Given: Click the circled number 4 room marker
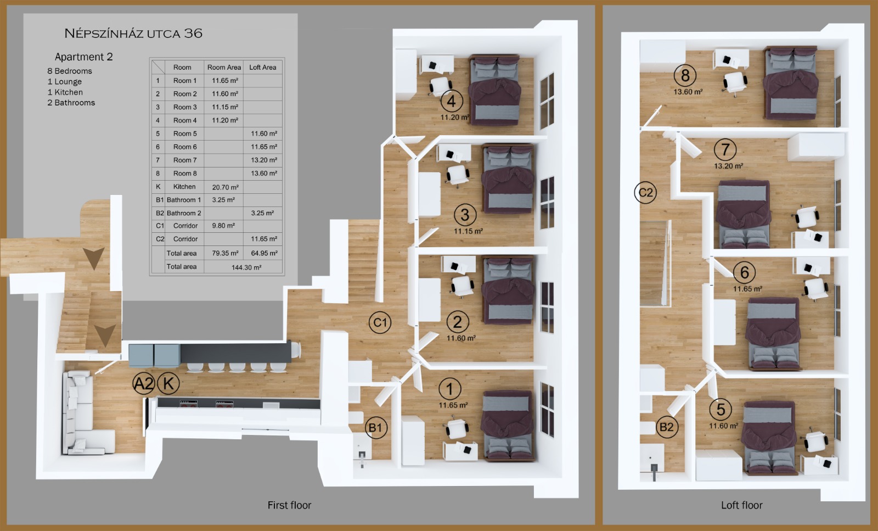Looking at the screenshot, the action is [x=452, y=101].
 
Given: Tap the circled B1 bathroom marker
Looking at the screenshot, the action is [x=376, y=427].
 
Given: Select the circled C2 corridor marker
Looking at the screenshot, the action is [x=645, y=192].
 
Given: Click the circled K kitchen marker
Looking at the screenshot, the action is [x=168, y=383].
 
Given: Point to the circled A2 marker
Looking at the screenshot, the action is [x=144, y=383].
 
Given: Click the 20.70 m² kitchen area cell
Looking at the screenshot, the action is [x=225, y=187].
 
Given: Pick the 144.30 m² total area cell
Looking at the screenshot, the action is [x=246, y=267].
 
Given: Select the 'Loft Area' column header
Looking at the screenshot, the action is [x=263, y=67].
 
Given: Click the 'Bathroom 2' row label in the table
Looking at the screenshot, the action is [x=184, y=213].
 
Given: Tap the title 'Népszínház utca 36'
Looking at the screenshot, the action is [x=133, y=33].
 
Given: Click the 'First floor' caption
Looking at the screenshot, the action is [x=289, y=505].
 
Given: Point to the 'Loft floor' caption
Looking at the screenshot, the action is [x=741, y=505].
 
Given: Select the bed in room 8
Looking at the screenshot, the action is [x=791, y=83].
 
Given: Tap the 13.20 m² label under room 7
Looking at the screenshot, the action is [x=728, y=166].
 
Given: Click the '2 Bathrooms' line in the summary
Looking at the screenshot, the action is [x=71, y=103].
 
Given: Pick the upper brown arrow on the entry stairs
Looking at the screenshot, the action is [x=93, y=258].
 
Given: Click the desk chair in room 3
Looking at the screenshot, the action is [x=458, y=175].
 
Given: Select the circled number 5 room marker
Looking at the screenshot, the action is [x=721, y=409].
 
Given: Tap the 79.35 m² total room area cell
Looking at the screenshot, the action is [x=225, y=253].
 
